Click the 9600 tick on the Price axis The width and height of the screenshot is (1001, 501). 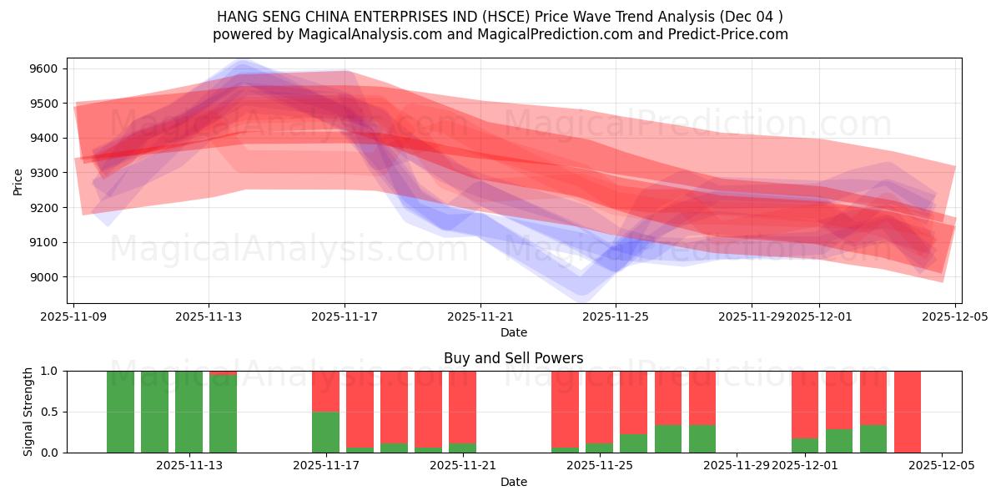pyautogui.click(x=46, y=68)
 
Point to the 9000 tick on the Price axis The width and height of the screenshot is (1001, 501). pyautogui.click(x=46, y=277)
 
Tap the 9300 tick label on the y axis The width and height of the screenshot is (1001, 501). pyautogui.click(x=46, y=173)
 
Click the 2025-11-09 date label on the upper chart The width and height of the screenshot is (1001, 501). pyautogui.click(x=74, y=317)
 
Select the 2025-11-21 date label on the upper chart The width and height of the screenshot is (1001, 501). pyautogui.click(x=480, y=317)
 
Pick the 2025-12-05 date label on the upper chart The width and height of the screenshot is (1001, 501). pyautogui.click(x=955, y=317)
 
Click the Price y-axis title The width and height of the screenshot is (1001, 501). pyautogui.click(x=18, y=180)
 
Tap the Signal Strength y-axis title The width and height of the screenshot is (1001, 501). pyautogui.click(x=28, y=412)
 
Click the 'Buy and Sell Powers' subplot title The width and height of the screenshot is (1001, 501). pyautogui.click(x=513, y=358)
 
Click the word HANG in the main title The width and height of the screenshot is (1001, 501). pyautogui.click(x=235, y=17)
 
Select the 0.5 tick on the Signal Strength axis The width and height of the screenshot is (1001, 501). pyautogui.click(x=50, y=412)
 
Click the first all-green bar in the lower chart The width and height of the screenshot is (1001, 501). pyautogui.click(x=120, y=412)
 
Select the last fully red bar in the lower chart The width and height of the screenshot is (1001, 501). pyautogui.click(x=908, y=412)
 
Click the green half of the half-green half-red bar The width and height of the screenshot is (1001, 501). pyautogui.click(x=325, y=432)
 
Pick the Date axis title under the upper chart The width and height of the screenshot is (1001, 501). pyautogui.click(x=513, y=332)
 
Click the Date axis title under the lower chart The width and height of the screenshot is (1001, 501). pyautogui.click(x=513, y=482)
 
